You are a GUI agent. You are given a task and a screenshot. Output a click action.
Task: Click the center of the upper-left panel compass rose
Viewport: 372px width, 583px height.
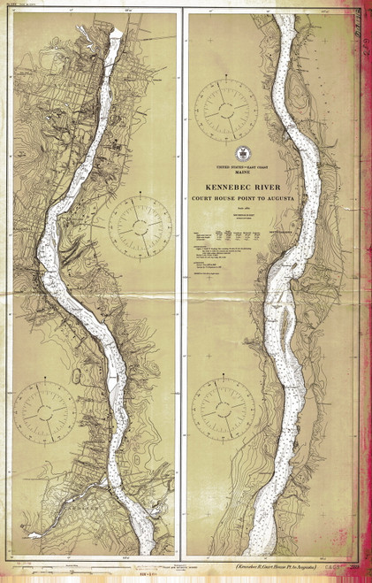(135, 225)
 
